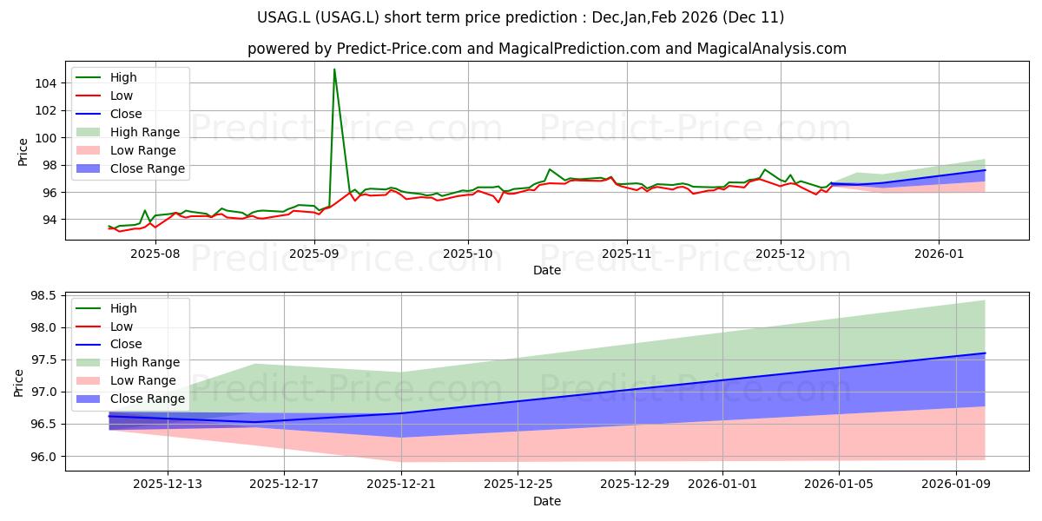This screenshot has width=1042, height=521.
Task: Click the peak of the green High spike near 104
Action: [334, 69]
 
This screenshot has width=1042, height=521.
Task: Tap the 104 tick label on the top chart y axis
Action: [47, 83]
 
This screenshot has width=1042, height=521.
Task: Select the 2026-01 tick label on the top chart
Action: [939, 253]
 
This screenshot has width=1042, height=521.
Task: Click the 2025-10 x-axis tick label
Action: [468, 253]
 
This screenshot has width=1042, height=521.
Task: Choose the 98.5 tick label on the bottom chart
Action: [43, 296]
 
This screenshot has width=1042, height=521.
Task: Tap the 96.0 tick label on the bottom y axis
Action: [43, 457]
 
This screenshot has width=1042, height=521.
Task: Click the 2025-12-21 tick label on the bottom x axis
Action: [401, 484]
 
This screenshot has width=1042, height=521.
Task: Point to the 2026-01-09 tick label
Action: [955, 484]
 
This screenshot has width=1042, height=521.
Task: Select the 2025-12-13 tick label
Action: [167, 484]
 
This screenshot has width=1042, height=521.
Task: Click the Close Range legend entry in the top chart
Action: [147, 168]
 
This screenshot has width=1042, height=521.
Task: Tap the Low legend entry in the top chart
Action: [122, 96]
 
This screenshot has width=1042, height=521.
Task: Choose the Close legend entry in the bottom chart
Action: [126, 344]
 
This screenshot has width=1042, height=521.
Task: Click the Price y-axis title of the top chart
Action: [23, 151]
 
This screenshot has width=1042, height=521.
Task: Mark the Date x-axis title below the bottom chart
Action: [546, 501]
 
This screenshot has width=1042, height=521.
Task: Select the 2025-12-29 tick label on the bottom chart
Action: [636, 484]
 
